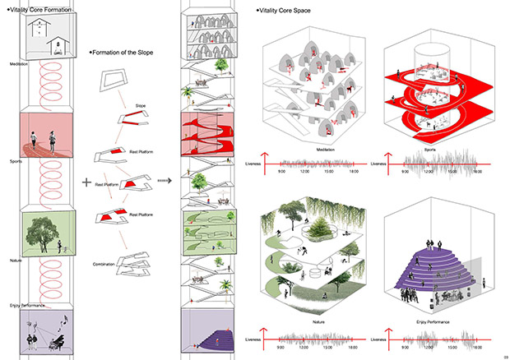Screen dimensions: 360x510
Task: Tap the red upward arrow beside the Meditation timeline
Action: (x=262, y=159)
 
